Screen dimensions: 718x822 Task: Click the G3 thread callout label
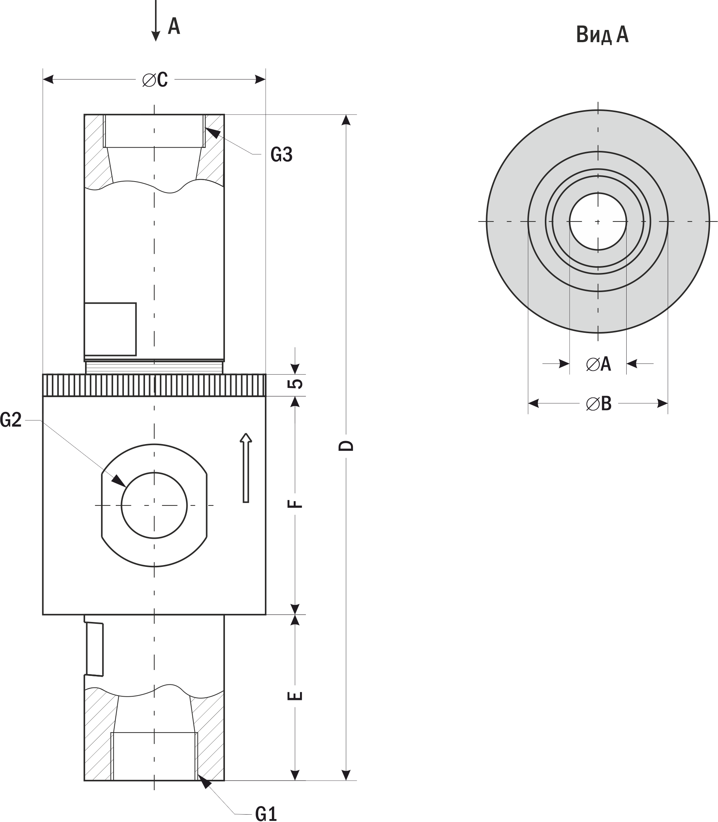(x=281, y=154)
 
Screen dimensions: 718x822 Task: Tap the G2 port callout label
(x=11, y=420)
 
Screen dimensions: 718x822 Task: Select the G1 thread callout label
(x=266, y=813)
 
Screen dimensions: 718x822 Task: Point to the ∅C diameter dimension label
(x=155, y=80)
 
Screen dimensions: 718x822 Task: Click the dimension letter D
(x=346, y=446)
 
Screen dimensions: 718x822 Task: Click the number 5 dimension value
(x=295, y=383)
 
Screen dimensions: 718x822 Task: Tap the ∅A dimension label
(x=598, y=364)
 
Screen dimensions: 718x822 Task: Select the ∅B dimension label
(x=599, y=403)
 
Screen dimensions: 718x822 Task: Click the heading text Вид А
(x=602, y=35)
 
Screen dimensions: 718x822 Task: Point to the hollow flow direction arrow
(x=246, y=468)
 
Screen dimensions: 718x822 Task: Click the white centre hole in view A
(x=598, y=221)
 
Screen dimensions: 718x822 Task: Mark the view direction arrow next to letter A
(x=156, y=20)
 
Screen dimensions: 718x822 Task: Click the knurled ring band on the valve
(x=154, y=385)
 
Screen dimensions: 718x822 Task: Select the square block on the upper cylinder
(x=110, y=329)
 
